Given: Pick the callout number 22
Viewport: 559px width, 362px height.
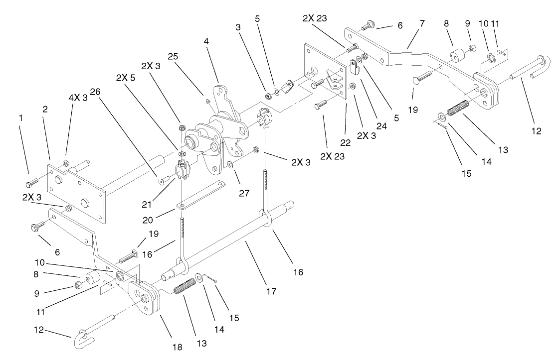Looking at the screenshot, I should pyautogui.click(x=345, y=142).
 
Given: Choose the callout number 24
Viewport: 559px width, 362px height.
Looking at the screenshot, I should pyautogui.click(x=381, y=126).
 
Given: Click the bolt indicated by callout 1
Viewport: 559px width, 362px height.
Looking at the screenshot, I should pyautogui.click(x=33, y=180).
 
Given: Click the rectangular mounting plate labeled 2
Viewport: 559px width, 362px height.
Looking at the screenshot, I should pyautogui.click(x=77, y=192).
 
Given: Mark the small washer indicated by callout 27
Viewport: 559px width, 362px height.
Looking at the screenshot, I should pyautogui.click(x=231, y=164).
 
